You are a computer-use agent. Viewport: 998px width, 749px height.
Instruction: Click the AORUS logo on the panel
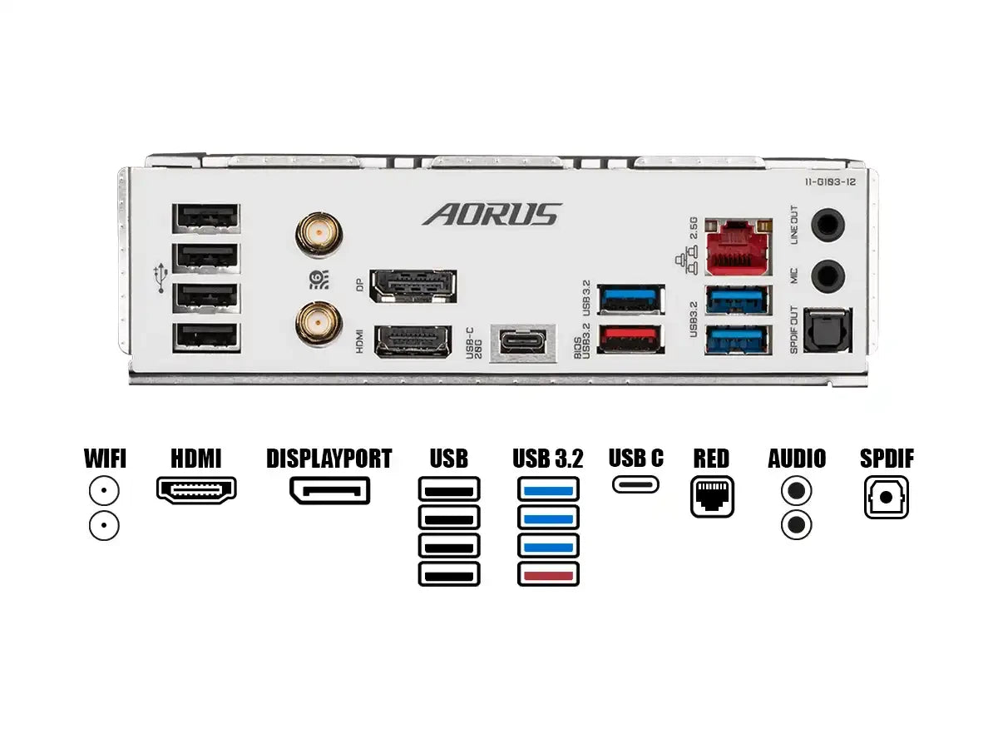point(492,214)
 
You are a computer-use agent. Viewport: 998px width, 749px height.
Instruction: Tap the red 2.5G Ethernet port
point(738,247)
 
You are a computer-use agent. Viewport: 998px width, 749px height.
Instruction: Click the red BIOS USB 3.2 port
point(631,337)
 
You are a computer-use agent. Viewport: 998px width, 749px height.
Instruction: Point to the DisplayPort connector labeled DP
point(413,285)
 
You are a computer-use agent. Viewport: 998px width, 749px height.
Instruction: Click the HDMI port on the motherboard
point(413,341)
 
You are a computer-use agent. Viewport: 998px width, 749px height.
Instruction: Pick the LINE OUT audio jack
point(828,224)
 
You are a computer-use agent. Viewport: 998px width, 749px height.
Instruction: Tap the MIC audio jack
point(828,275)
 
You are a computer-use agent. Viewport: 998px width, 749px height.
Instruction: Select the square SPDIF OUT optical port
point(828,330)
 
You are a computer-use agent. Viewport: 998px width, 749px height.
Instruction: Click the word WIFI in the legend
point(106,459)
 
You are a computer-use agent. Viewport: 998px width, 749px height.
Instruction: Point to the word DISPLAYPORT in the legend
point(329,459)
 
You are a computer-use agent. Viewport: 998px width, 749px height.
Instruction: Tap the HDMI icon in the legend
point(196,489)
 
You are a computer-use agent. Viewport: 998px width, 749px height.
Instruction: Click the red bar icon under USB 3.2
point(548,573)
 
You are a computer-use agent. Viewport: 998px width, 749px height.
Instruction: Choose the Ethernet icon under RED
point(713,497)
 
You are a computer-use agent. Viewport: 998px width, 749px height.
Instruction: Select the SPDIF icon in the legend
point(886,497)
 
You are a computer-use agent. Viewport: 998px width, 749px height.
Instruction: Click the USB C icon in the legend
point(636,484)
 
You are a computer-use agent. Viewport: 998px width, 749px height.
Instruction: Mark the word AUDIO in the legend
point(797,459)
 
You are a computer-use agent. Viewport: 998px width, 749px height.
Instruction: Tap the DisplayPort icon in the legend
point(329,490)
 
